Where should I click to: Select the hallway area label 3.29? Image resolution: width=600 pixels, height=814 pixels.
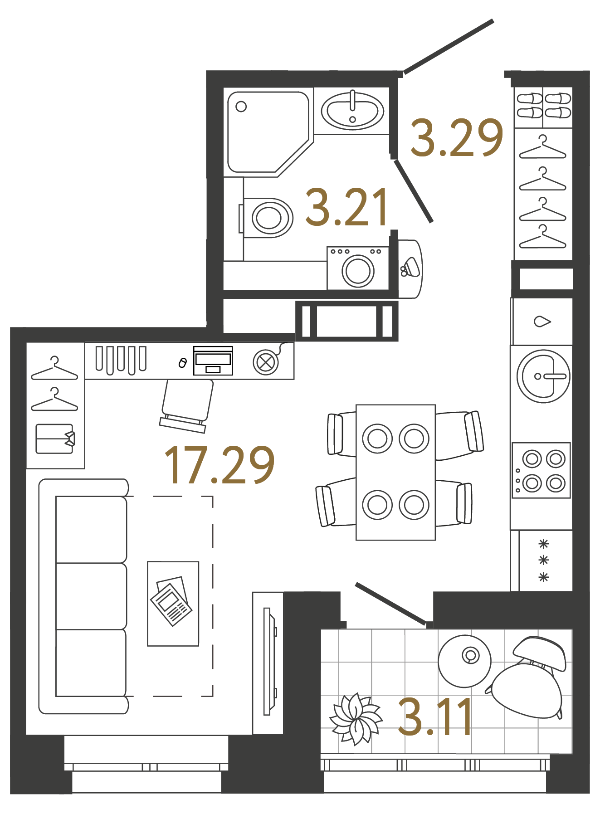pyautogui.click(x=456, y=138)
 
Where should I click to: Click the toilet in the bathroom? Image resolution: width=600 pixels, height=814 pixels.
pyautogui.click(x=268, y=218)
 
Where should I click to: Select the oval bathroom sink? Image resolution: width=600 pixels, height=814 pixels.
pyautogui.click(x=352, y=110)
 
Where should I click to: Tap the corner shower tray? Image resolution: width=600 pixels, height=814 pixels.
pyautogui.click(x=263, y=132)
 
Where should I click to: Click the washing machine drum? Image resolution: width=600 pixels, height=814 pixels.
pyautogui.click(x=358, y=271)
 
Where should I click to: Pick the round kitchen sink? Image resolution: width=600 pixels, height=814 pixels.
pyautogui.click(x=543, y=376)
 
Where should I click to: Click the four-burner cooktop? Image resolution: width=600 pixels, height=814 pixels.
pyautogui.click(x=541, y=471)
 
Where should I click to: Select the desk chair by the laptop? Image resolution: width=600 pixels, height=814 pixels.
pyautogui.click(x=186, y=403)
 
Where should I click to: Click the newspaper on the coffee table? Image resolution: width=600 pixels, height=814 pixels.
pyautogui.click(x=171, y=601)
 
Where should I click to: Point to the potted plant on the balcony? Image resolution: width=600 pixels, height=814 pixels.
pyautogui.click(x=356, y=719)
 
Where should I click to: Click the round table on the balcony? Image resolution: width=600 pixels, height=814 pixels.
pyautogui.click(x=464, y=661)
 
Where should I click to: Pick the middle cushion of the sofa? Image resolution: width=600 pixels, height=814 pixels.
pyautogui.click(x=91, y=596)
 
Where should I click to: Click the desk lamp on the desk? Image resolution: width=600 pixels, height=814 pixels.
pyautogui.click(x=266, y=362)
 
